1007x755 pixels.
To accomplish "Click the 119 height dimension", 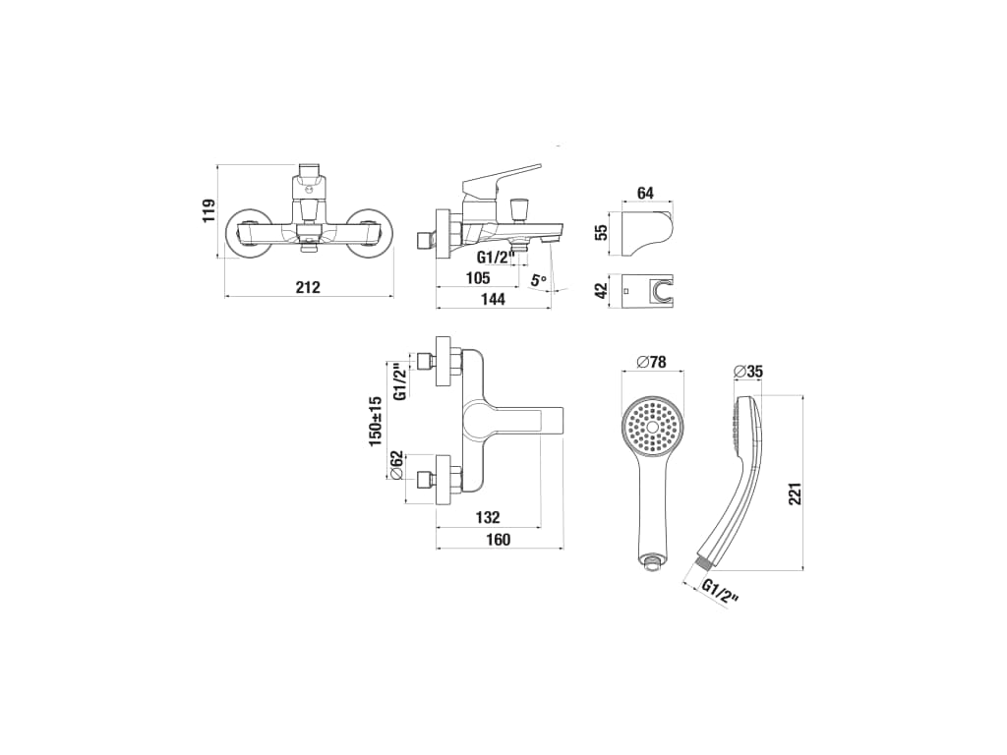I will click(208, 210).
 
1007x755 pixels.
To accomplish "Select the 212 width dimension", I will click(308, 288).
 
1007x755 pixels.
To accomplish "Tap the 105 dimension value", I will click(478, 279).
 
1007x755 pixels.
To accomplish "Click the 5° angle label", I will click(539, 281).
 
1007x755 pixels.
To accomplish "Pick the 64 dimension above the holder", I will click(645, 193).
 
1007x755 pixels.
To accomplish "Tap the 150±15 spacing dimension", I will click(376, 421).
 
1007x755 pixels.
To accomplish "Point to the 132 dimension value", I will click(487, 517).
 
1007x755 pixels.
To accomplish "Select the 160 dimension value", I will click(499, 540).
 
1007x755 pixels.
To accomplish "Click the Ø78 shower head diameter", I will click(652, 362).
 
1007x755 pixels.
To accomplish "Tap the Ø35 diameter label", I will click(748, 372).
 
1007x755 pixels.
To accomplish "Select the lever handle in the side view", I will click(502, 179).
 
